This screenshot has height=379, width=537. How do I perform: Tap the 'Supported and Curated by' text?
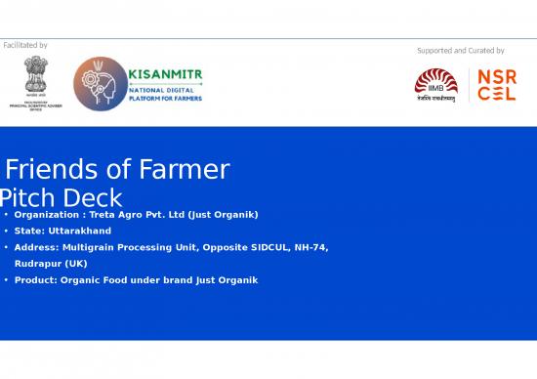(460, 51)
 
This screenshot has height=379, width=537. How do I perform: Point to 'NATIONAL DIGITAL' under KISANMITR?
(157, 89)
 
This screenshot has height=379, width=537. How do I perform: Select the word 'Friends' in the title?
(53, 170)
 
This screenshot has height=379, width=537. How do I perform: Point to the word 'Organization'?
(48, 214)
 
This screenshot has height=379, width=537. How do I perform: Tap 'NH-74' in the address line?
(312, 247)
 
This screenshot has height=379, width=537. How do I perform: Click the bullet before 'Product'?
(6, 280)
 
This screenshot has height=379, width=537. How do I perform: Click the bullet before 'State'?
(6, 231)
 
